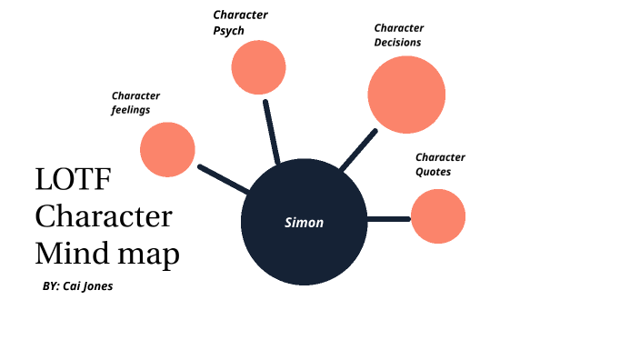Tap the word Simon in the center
[304, 222]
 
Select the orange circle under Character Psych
[259, 67]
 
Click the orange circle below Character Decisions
[406, 95]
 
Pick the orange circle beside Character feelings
[168, 149]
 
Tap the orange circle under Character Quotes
[438, 216]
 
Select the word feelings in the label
[131, 110]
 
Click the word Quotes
[433, 171]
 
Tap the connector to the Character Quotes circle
[389, 218]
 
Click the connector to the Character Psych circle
[271, 131]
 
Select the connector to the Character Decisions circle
[358, 150]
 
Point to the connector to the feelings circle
[223, 179]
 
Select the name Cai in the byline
[73, 285]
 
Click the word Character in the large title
[104, 216]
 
